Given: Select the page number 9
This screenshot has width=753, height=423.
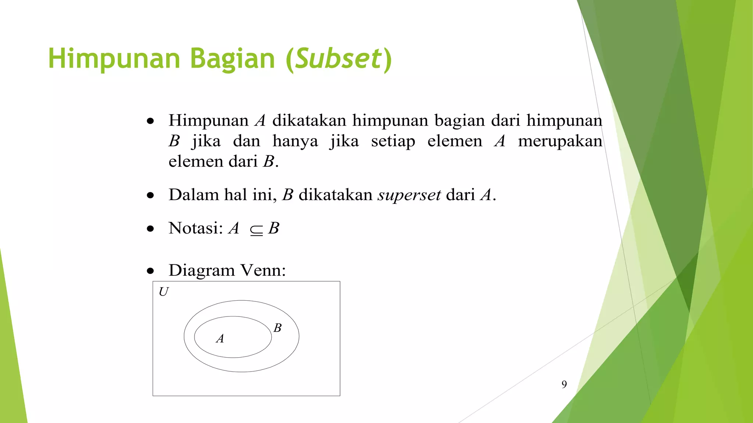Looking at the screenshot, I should click(564, 384).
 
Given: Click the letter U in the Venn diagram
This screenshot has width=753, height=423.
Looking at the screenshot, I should click(164, 292).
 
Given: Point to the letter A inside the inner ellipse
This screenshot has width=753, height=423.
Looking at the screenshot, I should click(220, 339).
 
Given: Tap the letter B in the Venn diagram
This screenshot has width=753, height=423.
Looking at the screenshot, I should click(278, 328).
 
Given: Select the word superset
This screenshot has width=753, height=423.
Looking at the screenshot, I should click(409, 195).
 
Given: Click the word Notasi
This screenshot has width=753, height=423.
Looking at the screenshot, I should click(196, 228).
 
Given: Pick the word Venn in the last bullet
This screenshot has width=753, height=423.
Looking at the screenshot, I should click(263, 271).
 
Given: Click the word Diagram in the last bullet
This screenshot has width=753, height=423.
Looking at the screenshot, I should click(201, 271).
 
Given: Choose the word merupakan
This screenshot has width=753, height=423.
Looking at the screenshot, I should click(560, 141).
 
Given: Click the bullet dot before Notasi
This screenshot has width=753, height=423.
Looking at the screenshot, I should click(150, 229).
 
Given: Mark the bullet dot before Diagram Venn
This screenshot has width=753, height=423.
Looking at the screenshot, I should click(150, 271).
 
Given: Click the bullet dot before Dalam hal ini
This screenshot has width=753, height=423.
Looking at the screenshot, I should click(150, 196).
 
